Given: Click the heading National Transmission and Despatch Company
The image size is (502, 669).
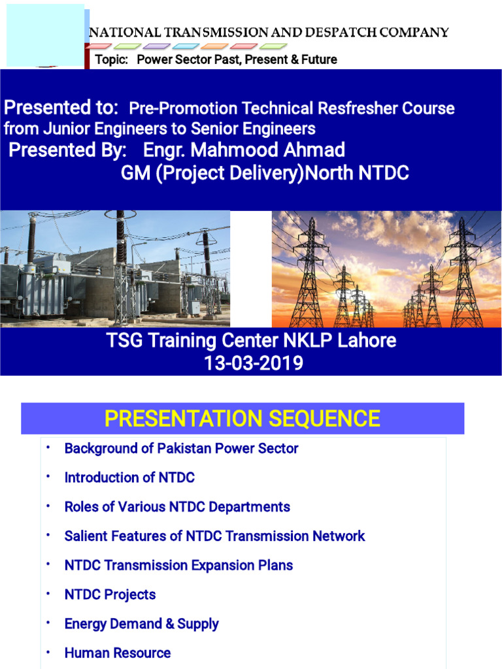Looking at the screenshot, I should click(268, 32).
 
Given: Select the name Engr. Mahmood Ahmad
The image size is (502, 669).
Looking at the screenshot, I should click(244, 150).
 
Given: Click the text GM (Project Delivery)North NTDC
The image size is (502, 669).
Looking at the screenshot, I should click(265, 174).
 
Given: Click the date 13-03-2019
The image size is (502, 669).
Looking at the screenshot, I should click(254, 363).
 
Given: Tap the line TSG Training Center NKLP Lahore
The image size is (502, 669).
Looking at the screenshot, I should click(254, 340).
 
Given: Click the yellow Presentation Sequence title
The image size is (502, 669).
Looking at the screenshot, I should click(243, 418).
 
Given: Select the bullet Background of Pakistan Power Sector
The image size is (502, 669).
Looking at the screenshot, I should click(181, 449).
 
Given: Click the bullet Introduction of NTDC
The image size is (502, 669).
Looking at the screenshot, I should click(129, 478).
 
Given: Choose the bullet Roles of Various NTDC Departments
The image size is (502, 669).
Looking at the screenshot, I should click(177, 507).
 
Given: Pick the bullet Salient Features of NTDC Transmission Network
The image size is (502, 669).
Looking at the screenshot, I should click(214, 536).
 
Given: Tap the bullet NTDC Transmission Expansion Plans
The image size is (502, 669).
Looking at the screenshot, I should click(178, 565).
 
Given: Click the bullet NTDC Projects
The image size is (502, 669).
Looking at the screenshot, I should click(110, 595).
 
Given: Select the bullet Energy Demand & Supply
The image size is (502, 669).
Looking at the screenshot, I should click(141, 624).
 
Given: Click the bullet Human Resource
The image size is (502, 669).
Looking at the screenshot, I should click(117, 653).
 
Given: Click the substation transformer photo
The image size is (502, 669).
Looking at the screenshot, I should click(115, 269).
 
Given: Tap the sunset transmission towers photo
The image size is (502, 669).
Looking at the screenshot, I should click(386, 269).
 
